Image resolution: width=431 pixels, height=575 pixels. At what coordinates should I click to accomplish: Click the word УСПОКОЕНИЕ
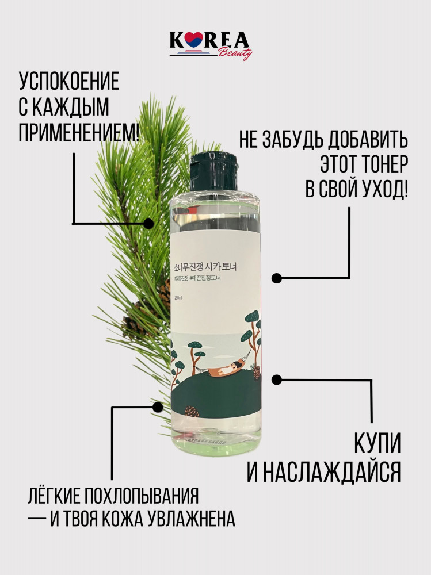[x=69, y=81]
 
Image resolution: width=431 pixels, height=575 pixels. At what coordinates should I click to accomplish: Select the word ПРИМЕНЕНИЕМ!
[x=79, y=133]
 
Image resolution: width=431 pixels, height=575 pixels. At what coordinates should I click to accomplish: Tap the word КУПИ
[x=376, y=444]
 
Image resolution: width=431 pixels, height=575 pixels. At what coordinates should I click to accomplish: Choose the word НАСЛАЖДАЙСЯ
[x=323, y=473]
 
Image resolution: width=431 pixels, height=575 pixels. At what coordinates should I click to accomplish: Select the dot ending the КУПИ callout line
[x=276, y=379]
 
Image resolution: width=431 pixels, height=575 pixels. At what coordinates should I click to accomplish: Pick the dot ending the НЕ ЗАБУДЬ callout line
[x=276, y=278]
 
